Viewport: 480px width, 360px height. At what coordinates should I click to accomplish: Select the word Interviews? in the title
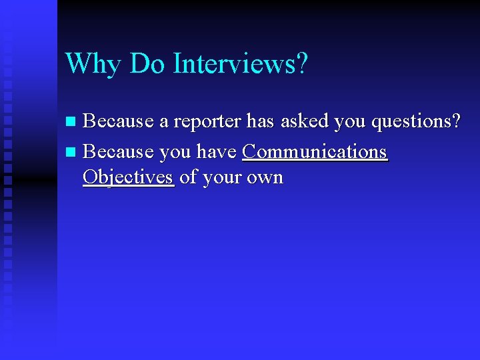click(x=241, y=64)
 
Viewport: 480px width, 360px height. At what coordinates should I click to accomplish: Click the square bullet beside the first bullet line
click(x=72, y=122)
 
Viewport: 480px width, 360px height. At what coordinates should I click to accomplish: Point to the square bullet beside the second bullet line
click(x=72, y=153)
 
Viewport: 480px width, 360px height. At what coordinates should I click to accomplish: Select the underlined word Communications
click(x=315, y=152)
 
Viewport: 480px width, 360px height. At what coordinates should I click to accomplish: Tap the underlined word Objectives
click(x=128, y=178)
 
